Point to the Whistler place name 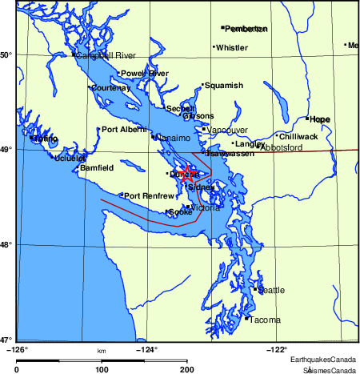(x=232, y=47)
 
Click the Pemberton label (x=246, y=29)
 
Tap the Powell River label (x=145, y=74)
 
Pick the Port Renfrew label (x=150, y=196)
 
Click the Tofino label (x=46, y=139)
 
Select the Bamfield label (x=97, y=168)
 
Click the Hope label (x=320, y=119)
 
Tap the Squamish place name (x=223, y=86)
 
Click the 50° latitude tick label (x=7, y=54)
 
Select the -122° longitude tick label (x=277, y=348)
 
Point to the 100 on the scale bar (x=102, y=369)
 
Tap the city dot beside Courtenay (x=89, y=87)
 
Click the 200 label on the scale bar (x=186, y=369)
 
